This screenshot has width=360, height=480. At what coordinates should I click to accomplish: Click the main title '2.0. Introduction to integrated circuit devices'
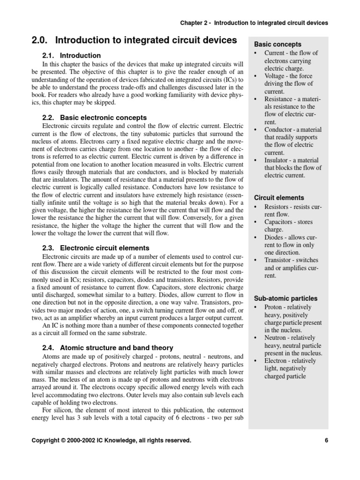click(x=134, y=41)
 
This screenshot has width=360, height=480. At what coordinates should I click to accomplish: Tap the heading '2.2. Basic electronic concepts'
click(x=94, y=118)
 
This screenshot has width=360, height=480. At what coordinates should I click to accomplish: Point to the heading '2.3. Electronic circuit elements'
click(x=96, y=247)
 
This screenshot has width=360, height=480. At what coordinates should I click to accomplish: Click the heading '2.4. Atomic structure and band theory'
click(x=107, y=347)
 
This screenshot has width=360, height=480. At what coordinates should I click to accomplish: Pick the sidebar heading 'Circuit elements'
click(x=279, y=197)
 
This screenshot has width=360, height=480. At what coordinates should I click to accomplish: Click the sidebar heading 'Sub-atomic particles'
click(x=285, y=298)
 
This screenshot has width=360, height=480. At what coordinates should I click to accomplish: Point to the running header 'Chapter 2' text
click(x=194, y=22)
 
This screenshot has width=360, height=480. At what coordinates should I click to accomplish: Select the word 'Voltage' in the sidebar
click(x=275, y=76)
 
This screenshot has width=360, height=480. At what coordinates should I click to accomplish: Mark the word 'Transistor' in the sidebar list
click(x=279, y=260)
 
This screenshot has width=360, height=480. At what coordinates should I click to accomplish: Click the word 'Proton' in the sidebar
click(x=274, y=307)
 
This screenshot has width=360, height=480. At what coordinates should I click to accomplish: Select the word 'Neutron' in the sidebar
click(x=277, y=337)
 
